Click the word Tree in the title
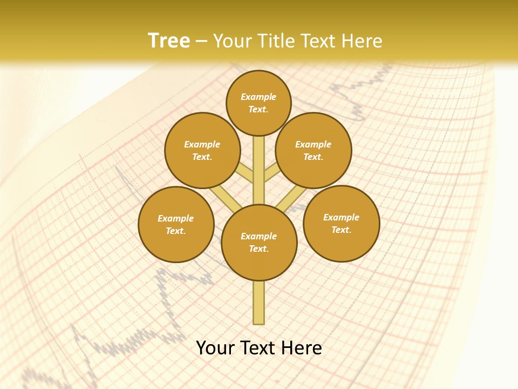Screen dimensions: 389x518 (169, 41)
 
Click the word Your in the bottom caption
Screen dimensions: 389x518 (215, 348)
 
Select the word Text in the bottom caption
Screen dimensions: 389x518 (257, 348)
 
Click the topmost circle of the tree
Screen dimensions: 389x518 (258, 103)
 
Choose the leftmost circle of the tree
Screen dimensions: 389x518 (176, 224)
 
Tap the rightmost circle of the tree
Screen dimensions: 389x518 (341, 223)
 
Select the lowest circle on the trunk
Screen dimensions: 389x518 (259, 242)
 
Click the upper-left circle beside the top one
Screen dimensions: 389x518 (202, 150)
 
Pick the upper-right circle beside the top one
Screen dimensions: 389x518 (313, 150)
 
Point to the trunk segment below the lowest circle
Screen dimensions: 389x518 (259, 303)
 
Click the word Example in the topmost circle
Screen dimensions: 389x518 (258, 97)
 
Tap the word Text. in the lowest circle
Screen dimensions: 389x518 (258, 249)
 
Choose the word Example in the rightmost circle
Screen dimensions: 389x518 (341, 217)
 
